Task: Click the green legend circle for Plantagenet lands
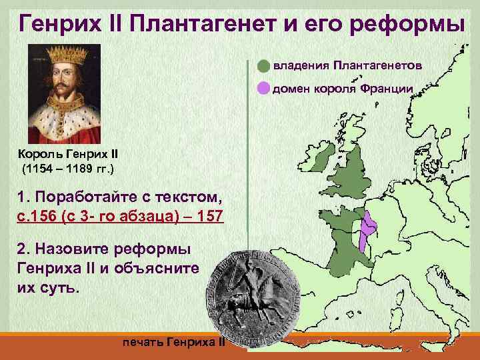pos(264,66)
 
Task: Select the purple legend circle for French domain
pos(264,88)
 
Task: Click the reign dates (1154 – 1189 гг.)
pos(68,169)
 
